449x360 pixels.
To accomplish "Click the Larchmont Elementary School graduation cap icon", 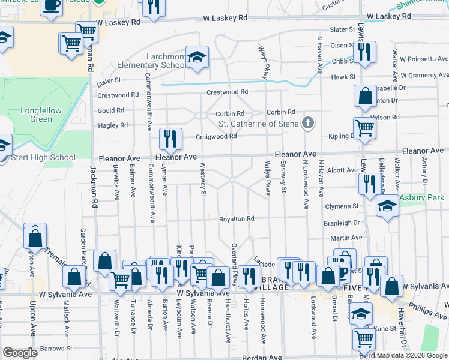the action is click(196, 57).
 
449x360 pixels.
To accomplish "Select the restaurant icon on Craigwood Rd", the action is click(170, 139).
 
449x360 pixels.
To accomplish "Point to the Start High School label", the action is click(43, 158).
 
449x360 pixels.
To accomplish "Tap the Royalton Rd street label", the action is click(237, 219).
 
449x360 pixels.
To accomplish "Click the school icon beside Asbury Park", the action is click(387, 207).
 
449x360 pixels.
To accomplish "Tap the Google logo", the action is click(20, 353).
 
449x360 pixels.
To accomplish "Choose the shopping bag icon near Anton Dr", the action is click(365, 96).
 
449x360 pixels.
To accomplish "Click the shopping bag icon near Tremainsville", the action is click(35, 236).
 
